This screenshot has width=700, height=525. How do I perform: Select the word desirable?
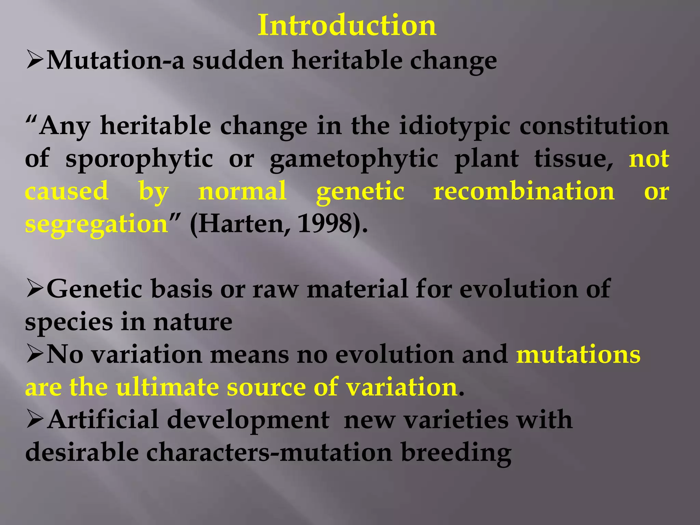[x=82, y=452]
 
